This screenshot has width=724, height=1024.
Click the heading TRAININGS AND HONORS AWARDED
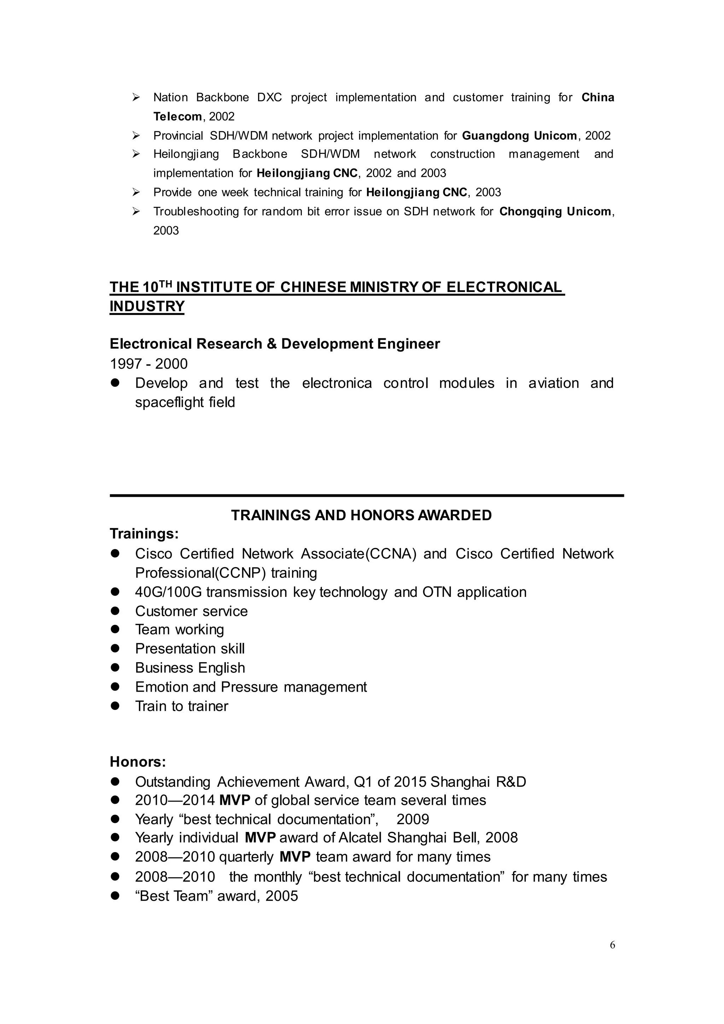[x=361, y=515]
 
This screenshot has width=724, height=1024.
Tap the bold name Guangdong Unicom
[x=519, y=135]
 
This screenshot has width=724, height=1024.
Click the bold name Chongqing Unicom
[x=555, y=211]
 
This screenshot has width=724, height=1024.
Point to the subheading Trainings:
[x=144, y=534]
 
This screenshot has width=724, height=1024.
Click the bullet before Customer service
[x=115, y=611]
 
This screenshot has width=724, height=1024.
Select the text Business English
[x=190, y=668]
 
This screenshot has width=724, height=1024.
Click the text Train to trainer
[x=181, y=706]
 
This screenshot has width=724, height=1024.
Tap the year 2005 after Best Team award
[x=281, y=896]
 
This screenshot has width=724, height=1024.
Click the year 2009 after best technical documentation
[x=413, y=819]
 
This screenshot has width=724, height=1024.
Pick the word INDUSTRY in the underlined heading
[x=147, y=307]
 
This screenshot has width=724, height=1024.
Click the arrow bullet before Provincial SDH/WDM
[x=136, y=135]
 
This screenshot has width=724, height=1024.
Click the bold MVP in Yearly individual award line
[x=260, y=838]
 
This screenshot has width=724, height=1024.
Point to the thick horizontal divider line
[x=367, y=495]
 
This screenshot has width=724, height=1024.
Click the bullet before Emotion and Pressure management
[x=115, y=687]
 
